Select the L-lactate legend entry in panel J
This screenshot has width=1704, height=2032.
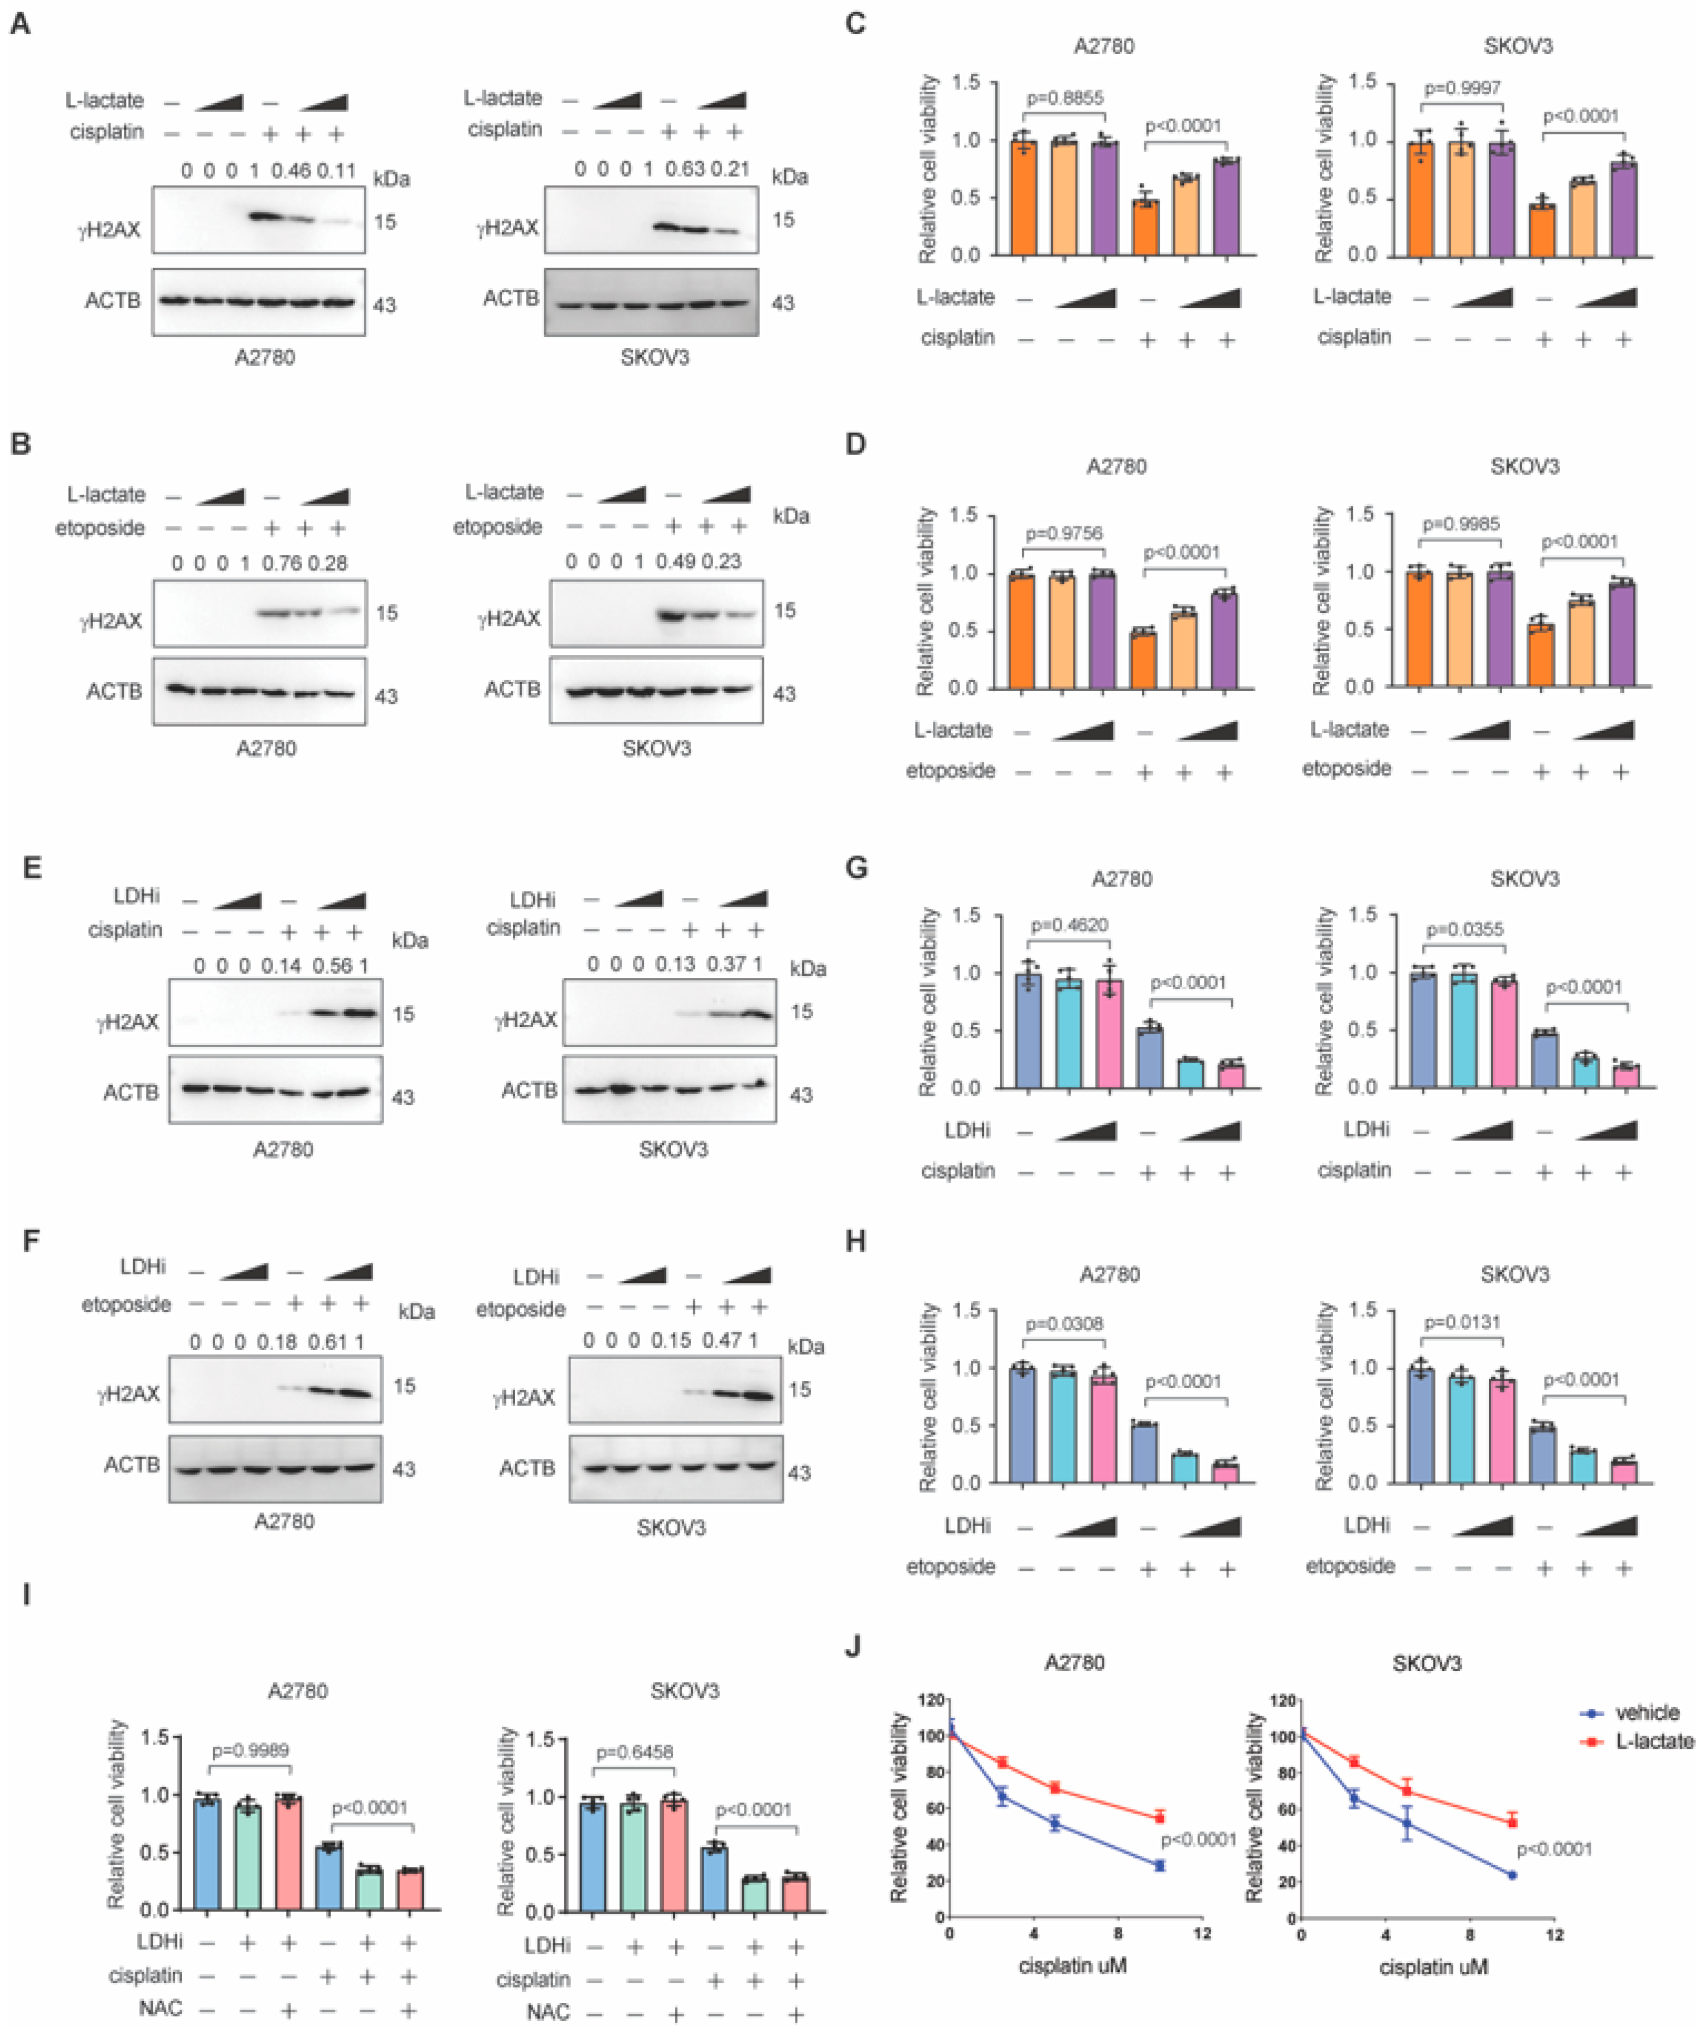[1653, 1741]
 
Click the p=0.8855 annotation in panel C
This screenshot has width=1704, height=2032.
[1064, 98]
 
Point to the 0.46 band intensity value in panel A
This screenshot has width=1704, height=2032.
[291, 171]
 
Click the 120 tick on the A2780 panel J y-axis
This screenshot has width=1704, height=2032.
[930, 1700]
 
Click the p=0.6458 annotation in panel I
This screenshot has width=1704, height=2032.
[634, 1753]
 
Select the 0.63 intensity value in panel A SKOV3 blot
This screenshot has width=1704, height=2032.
[684, 170]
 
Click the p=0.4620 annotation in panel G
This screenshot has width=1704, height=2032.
[1069, 925]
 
